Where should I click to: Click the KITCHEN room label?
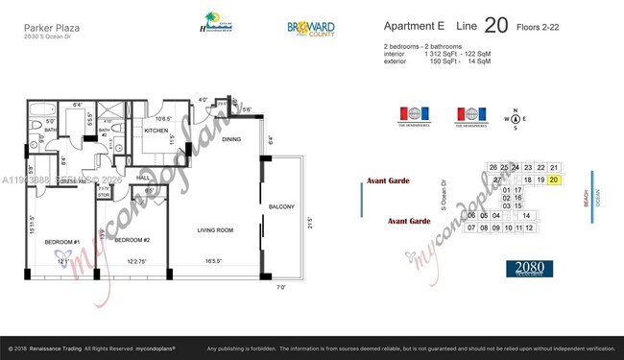click(156, 130)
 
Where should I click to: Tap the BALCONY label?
click(281, 207)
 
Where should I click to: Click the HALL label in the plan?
click(142, 178)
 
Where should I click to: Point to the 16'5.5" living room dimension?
click(215, 261)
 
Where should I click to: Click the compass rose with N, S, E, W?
click(518, 120)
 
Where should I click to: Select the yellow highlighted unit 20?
click(554, 180)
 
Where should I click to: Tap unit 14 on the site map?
click(527, 216)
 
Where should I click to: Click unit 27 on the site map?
click(496, 180)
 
